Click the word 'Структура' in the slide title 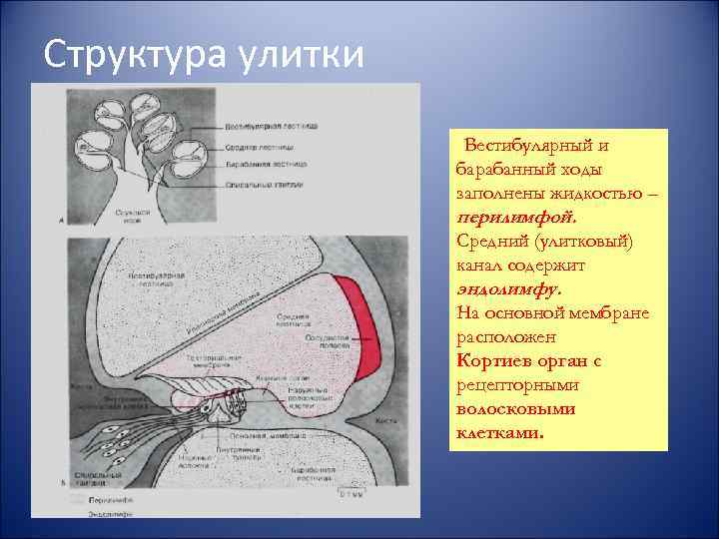coord(130,53)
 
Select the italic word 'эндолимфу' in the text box coord(509,288)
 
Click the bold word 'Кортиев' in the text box coord(492,360)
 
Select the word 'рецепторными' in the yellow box coord(511,385)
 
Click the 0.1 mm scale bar coord(349,493)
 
